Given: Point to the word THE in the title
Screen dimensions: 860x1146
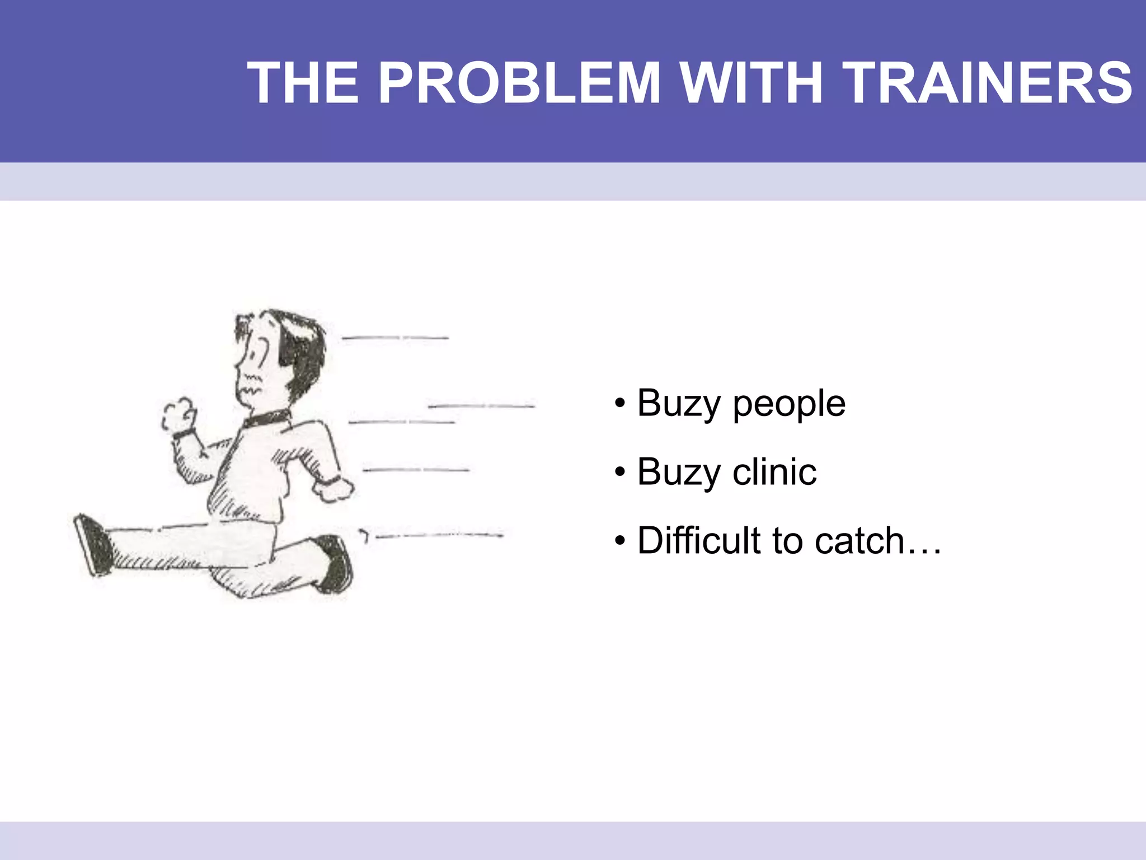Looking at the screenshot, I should [x=303, y=83].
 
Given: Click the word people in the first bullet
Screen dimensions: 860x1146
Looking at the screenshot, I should [x=789, y=405].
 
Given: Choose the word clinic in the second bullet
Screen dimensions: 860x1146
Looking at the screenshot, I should [x=774, y=471].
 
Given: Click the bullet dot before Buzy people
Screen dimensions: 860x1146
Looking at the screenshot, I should [x=619, y=404].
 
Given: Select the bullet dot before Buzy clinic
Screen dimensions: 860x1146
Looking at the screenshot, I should [x=619, y=473].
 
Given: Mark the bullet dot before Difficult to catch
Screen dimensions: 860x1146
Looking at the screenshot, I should [x=619, y=541].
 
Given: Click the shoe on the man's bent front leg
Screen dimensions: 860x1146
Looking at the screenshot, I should [x=336, y=563].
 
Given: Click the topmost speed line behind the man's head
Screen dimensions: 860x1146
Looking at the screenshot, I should [x=395, y=338].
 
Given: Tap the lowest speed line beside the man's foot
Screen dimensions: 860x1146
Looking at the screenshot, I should [x=439, y=536].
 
